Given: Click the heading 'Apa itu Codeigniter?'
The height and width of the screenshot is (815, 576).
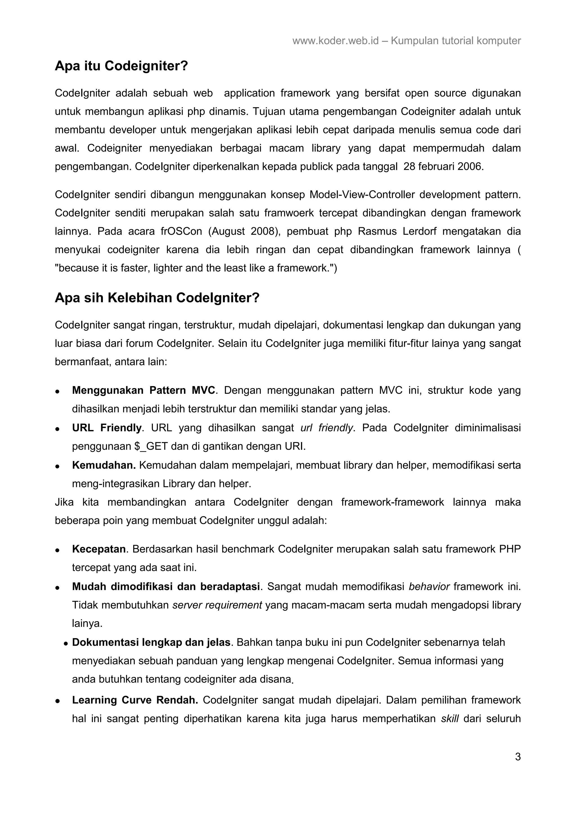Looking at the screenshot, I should tap(121, 66).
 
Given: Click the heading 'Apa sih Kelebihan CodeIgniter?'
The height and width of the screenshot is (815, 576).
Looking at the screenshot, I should tap(157, 298).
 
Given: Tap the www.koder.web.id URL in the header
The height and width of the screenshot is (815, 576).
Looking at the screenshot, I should tap(335, 41).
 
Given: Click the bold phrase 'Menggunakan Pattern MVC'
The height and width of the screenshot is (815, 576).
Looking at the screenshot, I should tap(143, 390).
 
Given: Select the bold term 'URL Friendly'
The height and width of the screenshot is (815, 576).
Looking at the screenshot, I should tap(107, 428).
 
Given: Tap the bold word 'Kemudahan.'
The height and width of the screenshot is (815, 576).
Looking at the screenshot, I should tap(103, 465).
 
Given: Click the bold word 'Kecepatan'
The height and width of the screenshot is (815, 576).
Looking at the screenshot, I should tap(99, 549).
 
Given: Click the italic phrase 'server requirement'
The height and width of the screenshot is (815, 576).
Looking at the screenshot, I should tap(217, 605).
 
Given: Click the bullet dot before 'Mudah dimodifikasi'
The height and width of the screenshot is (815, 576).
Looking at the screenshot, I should tap(57, 588).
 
